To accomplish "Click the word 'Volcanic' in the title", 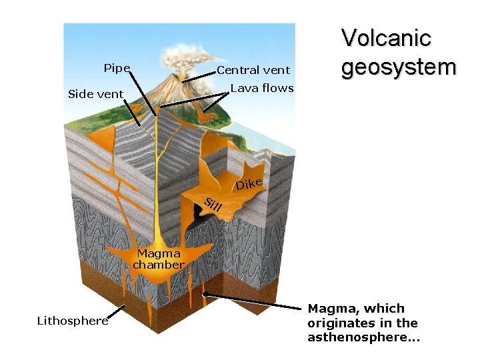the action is [x=386, y=38].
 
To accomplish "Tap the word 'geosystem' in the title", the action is [x=398, y=67].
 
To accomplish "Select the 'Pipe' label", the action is [x=117, y=68].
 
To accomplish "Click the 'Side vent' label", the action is [x=95, y=94].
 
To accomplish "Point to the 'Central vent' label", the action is [x=253, y=70].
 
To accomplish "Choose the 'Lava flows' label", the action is [x=261, y=88].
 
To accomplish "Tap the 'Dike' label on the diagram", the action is [x=249, y=182].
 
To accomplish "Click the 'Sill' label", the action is [x=213, y=206].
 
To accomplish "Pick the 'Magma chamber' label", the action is [x=158, y=259].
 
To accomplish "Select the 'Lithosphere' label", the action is [x=72, y=321].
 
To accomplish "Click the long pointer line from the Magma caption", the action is [x=253, y=301].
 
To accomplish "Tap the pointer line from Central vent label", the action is [x=199, y=75].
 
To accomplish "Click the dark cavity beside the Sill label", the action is [x=197, y=215].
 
